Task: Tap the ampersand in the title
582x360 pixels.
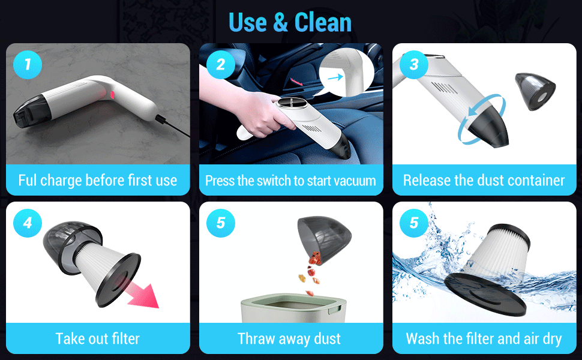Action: click(280, 23)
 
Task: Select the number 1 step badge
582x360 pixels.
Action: click(28, 64)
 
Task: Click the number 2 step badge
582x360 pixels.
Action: click(220, 64)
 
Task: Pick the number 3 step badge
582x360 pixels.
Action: click(414, 64)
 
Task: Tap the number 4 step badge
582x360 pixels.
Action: click(28, 223)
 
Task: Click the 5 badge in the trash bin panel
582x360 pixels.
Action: click(220, 223)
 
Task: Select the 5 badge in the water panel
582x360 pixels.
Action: click(414, 223)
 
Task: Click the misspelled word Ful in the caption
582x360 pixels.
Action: click(29, 180)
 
